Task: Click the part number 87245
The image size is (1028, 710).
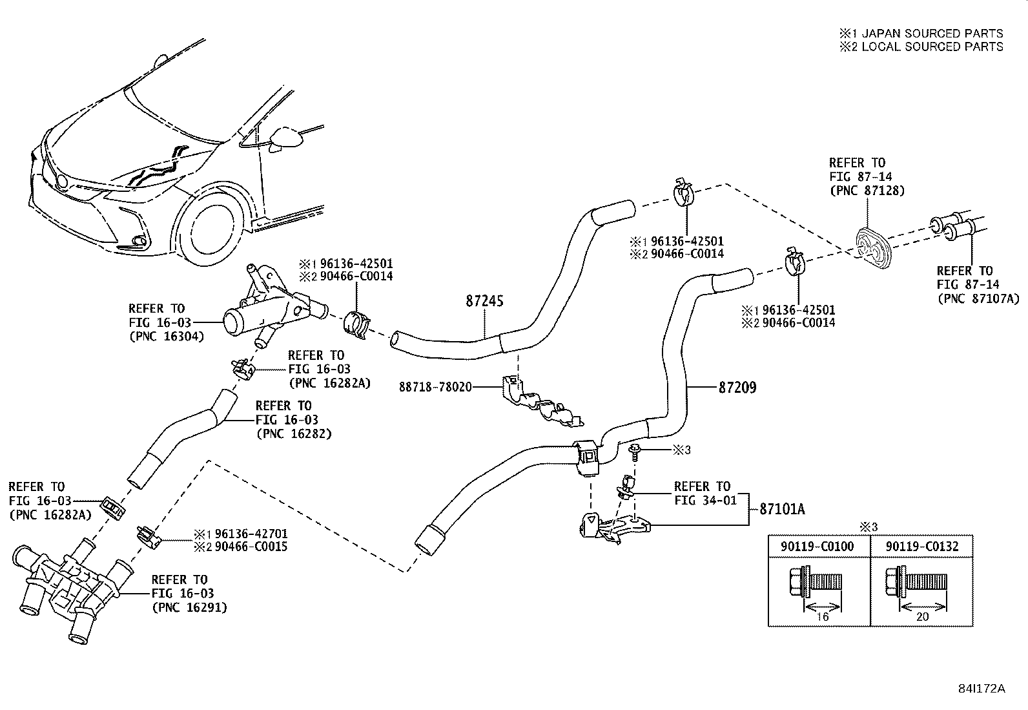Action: pyautogui.click(x=484, y=301)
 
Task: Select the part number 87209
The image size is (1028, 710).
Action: pyautogui.click(x=737, y=388)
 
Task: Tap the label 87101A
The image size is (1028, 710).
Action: pyautogui.click(x=782, y=509)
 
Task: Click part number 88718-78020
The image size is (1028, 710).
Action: pyautogui.click(x=435, y=387)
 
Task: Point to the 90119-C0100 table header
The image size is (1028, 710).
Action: pyautogui.click(x=817, y=547)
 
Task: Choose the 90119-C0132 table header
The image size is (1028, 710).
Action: pyautogui.click(x=921, y=547)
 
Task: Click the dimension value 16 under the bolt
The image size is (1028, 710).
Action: pyautogui.click(x=823, y=616)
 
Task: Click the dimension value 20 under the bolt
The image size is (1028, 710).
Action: pyautogui.click(x=922, y=616)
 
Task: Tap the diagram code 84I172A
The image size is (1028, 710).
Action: pyautogui.click(x=982, y=689)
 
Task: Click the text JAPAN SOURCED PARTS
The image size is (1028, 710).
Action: pyautogui.click(x=932, y=33)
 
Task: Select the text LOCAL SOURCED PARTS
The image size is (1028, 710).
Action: pyautogui.click(x=932, y=47)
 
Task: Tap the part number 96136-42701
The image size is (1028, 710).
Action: pyautogui.click(x=251, y=534)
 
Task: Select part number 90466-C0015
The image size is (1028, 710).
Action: pyautogui.click(x=251, y=547)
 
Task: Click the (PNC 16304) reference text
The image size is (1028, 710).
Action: pyautogui.click(x=166, y=336)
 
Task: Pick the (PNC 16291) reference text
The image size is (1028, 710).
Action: pyautogui.click(x=189, y=607)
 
